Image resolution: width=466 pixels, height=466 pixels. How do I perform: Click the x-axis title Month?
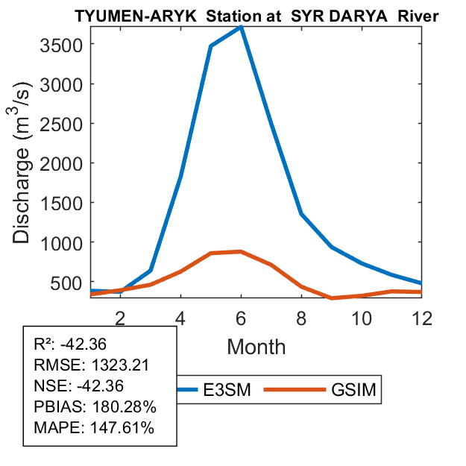256,347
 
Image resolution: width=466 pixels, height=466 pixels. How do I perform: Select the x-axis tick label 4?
180,317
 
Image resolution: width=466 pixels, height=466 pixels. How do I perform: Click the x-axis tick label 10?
362,317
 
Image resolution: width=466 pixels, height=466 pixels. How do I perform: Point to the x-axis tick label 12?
422,317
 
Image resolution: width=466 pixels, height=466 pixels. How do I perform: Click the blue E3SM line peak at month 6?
241,27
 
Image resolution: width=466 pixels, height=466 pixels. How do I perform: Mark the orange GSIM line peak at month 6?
241,252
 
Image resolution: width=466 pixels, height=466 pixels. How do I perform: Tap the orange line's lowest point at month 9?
332,297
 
